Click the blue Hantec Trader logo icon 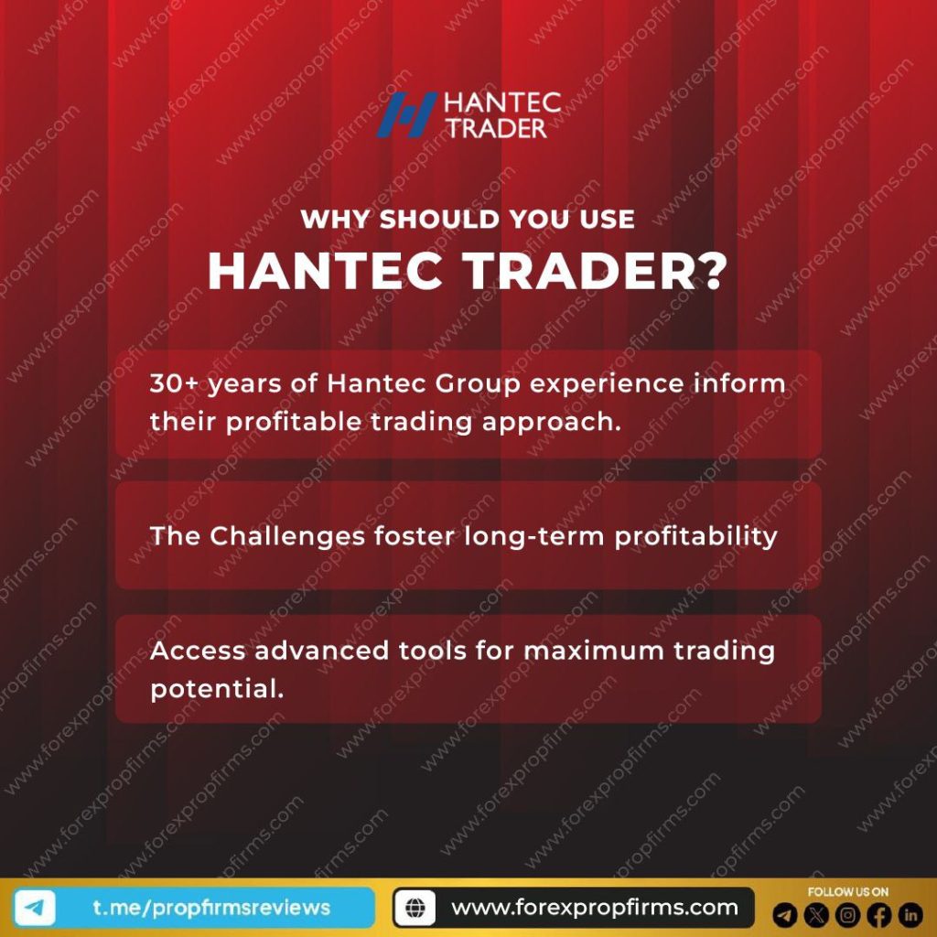click(406, 114)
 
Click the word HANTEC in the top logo click(501, 102)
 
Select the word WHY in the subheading click(335, 221)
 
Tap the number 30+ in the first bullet click(173, 383)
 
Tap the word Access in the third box click(198, 651)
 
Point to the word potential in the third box click(217, 690)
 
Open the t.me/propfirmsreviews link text click(211, 908)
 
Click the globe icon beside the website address click(415, 909)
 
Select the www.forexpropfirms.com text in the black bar click(594, 908)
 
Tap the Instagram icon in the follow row click(848, 913)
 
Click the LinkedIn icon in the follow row click(910, 913)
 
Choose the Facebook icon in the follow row click(879, 913)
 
